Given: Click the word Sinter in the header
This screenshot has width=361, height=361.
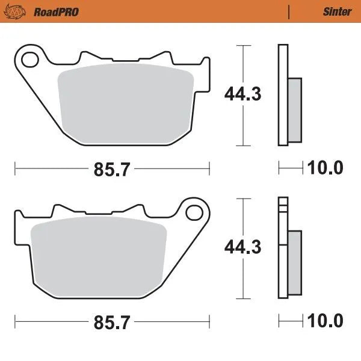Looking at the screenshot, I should tap(337, 11).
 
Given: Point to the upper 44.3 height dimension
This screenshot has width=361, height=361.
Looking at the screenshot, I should tap(242, 94).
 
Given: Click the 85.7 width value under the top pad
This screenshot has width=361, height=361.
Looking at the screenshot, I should tap(112, 170).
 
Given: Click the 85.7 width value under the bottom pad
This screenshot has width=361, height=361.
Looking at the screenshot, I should tap(112, 322).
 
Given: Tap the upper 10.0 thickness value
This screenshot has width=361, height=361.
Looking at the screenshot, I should tap(325, 168).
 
